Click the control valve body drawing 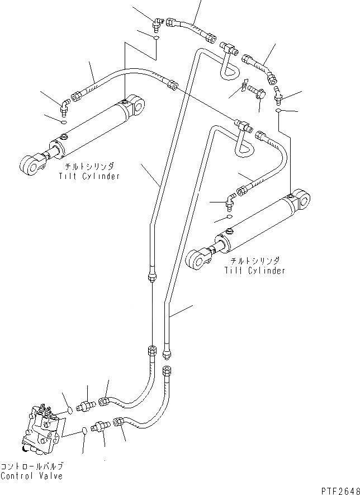[42, 427]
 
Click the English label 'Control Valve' [31, 476]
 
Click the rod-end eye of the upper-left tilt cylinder [30, 164]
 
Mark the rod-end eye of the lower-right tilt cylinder [196, 258]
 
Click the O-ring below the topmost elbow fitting [157, 38]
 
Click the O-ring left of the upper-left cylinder [63, 122]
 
